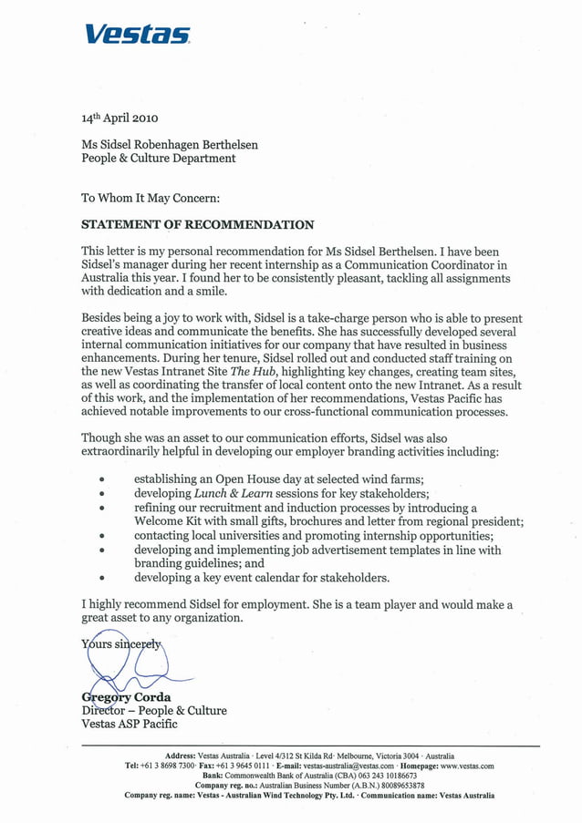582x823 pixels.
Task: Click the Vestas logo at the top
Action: [x=138, y=35]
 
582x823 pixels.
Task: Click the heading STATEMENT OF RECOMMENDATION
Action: [x=198, y=225]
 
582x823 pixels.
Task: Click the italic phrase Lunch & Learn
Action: [x=228, y=493]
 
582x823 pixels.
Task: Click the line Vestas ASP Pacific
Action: [x=130, y=725]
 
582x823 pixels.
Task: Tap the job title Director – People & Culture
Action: [x=154, y=711]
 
